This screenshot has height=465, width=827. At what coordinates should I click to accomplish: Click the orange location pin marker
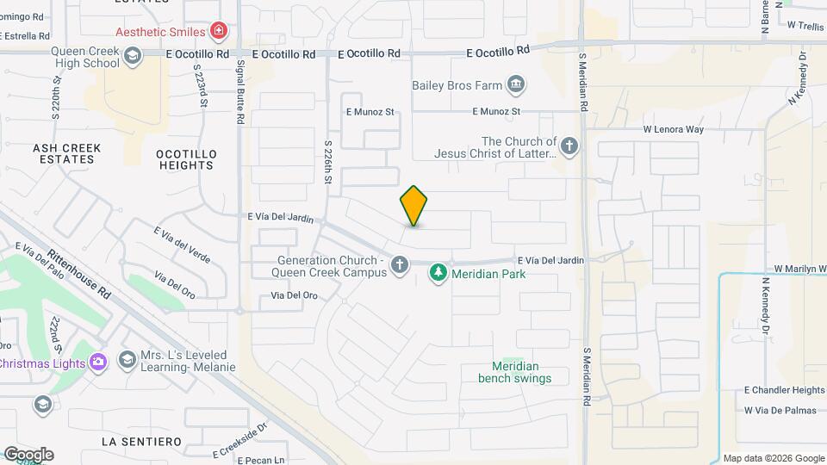click(413, 206)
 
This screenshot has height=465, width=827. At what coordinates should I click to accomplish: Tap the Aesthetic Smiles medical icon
click(219, 32)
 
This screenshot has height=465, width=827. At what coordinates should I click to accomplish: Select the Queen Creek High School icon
click(132, 57)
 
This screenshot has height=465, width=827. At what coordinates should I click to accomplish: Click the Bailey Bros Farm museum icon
click(516, 84)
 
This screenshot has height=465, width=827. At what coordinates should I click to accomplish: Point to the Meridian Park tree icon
click(438, 274)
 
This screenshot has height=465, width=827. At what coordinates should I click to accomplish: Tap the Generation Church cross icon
click(399, 265)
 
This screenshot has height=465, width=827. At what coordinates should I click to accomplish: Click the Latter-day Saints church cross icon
click(569, 147)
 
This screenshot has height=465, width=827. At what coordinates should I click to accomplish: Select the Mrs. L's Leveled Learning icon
click(127, 358)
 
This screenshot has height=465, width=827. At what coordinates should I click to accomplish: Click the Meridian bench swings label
click(515, 372)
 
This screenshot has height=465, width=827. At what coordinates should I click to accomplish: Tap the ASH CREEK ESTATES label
click(67, 153)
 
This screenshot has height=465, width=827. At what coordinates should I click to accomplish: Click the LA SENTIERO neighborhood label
click(141, 442)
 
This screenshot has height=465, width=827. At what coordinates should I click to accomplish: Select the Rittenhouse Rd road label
click(80, 275)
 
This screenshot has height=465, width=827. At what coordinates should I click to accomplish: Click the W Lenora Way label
click(674, 129)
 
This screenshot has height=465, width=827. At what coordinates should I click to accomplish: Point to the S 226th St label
click(328, 163)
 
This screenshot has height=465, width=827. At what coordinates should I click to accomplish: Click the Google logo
click(28, 455)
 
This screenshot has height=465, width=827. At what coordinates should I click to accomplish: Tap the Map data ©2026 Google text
click(773, 458)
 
